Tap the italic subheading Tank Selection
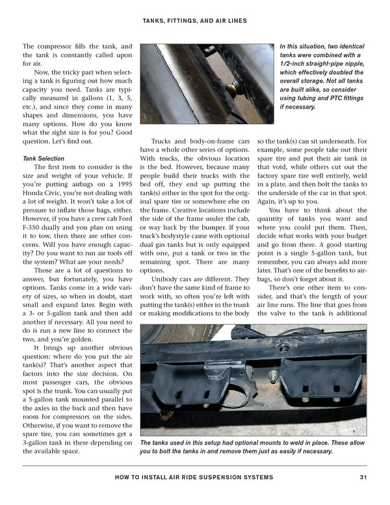pyautogui.click(x=43, y=159)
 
